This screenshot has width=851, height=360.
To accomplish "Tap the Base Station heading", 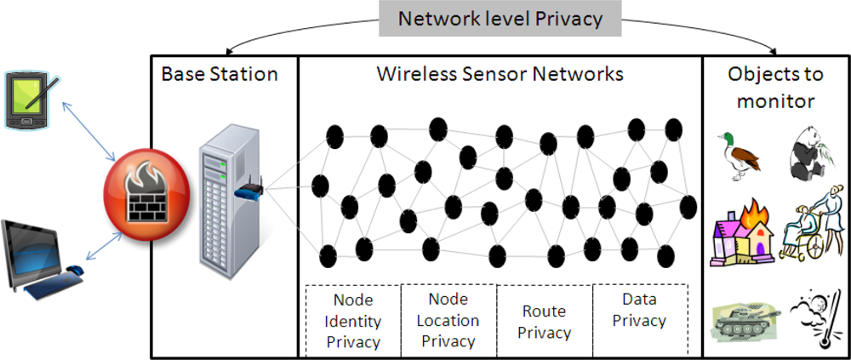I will tap(220, 74).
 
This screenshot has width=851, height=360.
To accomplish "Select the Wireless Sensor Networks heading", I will tap(500, 74).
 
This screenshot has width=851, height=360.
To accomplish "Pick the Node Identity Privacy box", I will tap(353, 321).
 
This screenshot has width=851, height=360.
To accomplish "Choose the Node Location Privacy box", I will tap(448, 321).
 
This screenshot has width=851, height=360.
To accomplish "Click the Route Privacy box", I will tap(545, 322).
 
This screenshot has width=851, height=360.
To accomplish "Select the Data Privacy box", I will tap(639, 310).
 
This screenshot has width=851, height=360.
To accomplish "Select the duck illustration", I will tap(738, 154).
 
